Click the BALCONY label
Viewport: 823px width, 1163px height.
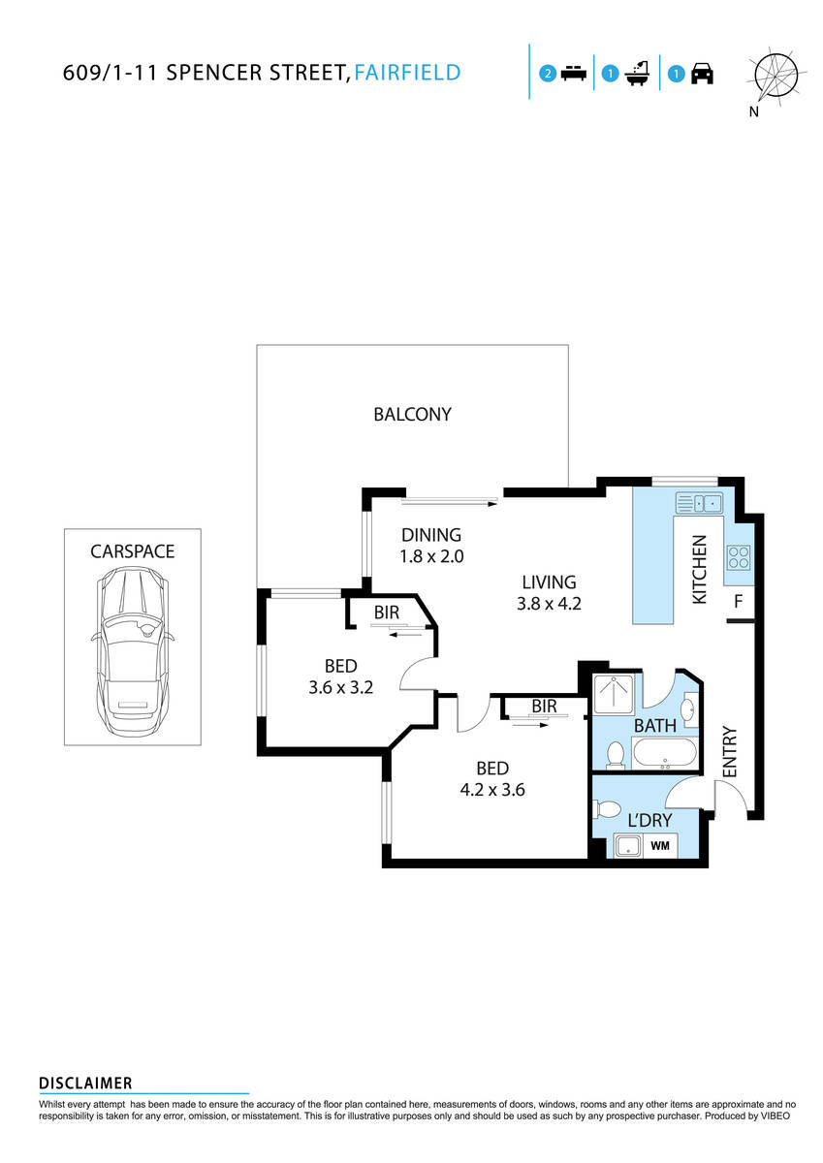tap(412, 415)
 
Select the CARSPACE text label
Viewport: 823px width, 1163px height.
tap(132, 551)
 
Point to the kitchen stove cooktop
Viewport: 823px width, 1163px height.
tap(738, 557)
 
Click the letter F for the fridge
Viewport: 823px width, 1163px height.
tap(738, 602)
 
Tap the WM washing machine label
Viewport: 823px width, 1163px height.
tap(660, 846)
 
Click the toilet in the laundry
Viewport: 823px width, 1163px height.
tap(608, 809)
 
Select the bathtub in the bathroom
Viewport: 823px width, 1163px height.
tap(663, 753)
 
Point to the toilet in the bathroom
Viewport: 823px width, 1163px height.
tap(615, 753)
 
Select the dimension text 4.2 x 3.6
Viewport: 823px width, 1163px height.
tap(491, 789)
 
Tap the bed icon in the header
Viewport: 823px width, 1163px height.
tap(574, 74)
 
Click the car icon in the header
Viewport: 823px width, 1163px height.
tap(702, 74)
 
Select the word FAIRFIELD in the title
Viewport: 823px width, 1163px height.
tap(406, 73)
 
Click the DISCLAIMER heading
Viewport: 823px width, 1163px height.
tap(85, 1084)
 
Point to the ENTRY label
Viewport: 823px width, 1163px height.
tap(730, 751)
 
